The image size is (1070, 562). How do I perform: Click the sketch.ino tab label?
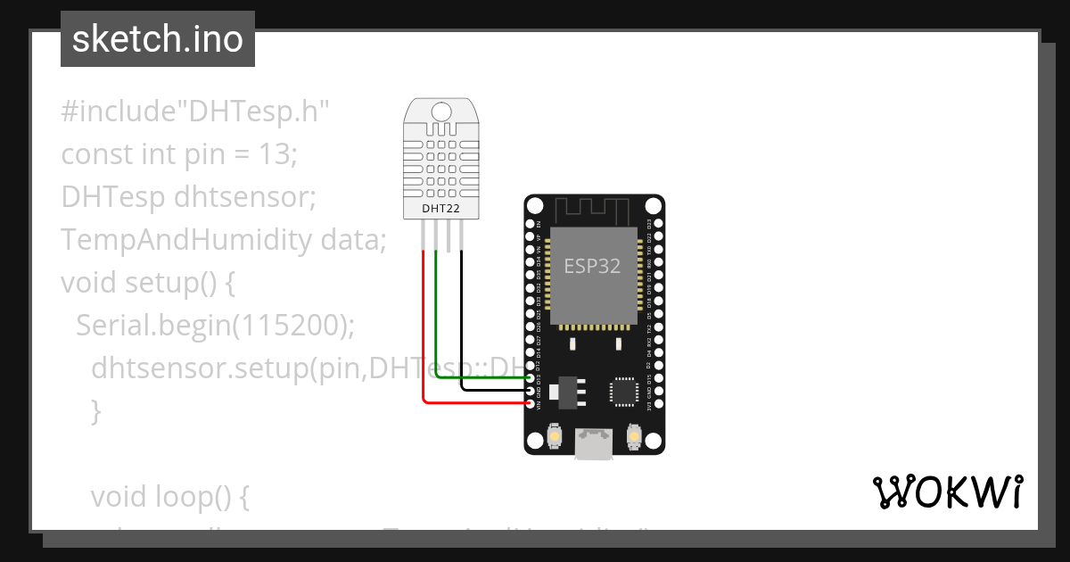click(158, 39)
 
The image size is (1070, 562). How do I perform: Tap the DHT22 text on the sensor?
click(440, 209)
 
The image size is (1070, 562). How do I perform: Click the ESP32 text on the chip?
click(592, 266)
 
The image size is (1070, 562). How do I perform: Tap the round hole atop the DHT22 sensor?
click(441, 112)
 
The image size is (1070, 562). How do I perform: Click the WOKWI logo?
click(947, 492)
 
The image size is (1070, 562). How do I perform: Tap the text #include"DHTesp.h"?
click(195, 112)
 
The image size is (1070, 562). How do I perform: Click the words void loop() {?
click(169, 496)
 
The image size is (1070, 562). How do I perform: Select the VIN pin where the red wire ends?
click(531, 404)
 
